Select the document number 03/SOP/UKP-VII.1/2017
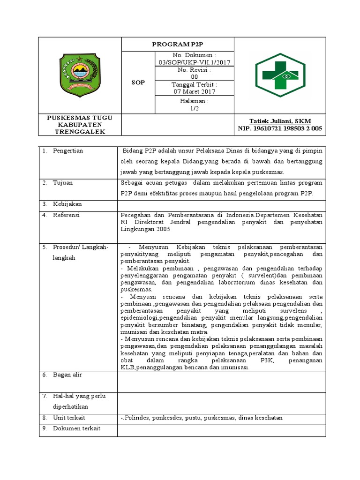point(194,62)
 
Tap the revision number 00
point(194,77)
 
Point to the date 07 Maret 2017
point(194,91)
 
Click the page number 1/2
point(194,107)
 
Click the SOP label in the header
point(138,82)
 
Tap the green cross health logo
point(279,75)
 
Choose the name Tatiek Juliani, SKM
point(280,121)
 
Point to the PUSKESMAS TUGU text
point(80,117)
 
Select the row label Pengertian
point(68,151)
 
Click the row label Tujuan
point(63,183)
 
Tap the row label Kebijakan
point(67,204)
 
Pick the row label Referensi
point(67,215)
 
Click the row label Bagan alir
point(67,375)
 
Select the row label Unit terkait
point(69,418)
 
